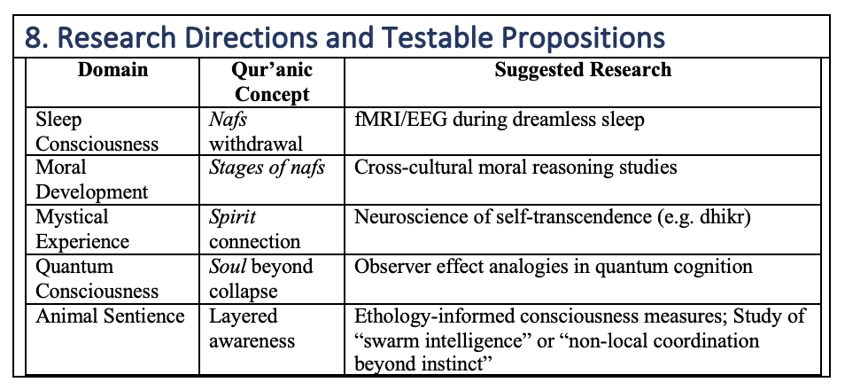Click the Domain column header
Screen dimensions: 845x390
coord(112,70)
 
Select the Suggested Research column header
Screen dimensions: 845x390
coord(583,70)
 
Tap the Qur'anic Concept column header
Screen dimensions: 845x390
coord(272,82)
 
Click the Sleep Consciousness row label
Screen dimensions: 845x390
coord(97,131)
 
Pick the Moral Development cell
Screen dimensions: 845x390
coord(91,179)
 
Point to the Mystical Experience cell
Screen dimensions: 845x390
coord(82,230)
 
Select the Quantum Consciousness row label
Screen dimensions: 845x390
coord(97,279)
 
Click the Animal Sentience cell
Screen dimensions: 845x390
coord(110,316)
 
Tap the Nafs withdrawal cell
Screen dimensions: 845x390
coord(256,131)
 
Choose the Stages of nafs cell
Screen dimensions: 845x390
coord(267,168)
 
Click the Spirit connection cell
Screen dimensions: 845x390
coord(254,230)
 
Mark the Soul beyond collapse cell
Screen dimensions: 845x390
coord(260,279)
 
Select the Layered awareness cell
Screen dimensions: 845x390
coord(252,329)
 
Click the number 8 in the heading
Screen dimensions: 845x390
coord(35,38)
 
